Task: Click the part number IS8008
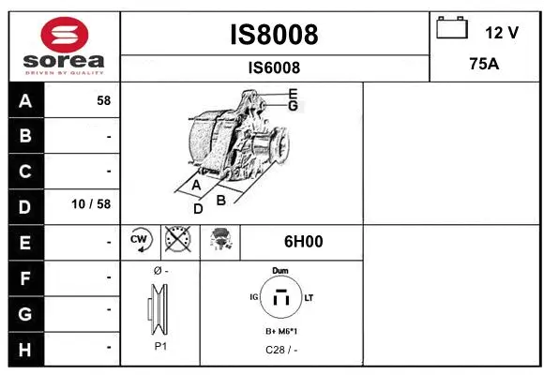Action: [274, 35]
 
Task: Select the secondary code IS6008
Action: [274, 67]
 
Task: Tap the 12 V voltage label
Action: [502, 33]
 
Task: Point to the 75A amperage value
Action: [484, 66]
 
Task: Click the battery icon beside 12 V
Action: [451, 29]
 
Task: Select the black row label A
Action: [25, 100]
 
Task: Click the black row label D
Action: [25, 205]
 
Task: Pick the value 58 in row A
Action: [103, 100]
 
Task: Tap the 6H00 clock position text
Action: [303, 242]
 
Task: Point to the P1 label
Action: [160, 346]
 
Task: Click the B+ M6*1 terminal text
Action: [280, 332]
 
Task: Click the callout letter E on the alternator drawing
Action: [293, 93]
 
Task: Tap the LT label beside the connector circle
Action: [309, 297]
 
